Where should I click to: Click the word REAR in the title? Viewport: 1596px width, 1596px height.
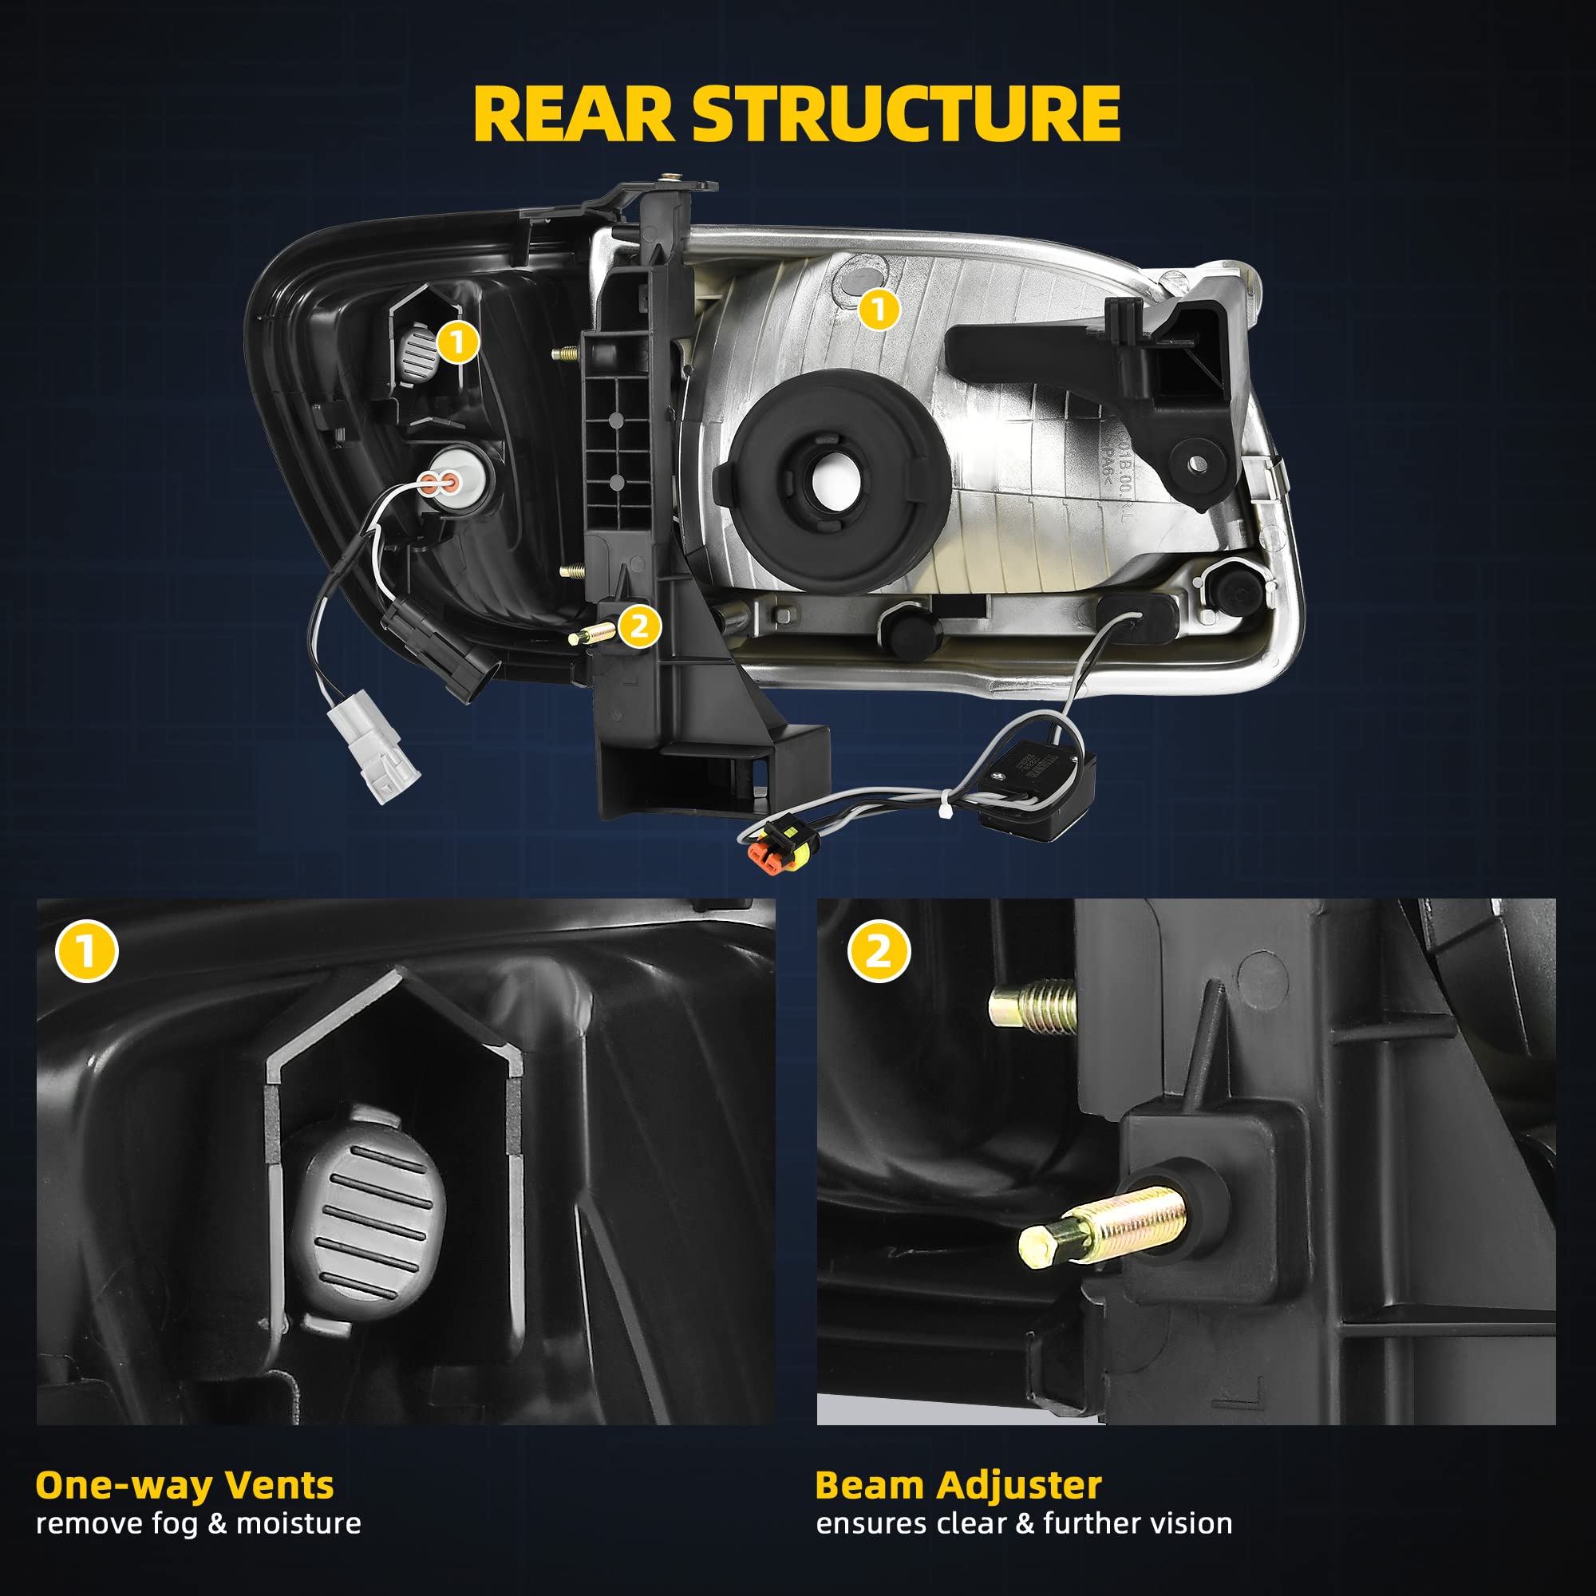[x=574, y=115]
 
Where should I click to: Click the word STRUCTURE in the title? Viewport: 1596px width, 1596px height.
[x=907, y=115]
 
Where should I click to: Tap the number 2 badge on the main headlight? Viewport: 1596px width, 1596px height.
[x=638, y=627]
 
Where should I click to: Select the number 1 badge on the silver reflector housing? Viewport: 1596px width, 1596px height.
[x=878, y=309]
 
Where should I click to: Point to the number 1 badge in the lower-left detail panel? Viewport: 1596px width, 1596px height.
[x=87, y=951]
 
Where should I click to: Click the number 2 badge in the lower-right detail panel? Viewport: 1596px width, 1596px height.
[x=879, y=951]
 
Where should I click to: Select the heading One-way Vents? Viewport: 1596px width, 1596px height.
[x=185, y=1484]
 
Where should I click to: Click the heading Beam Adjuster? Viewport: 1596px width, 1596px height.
[x=958, y=1484]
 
